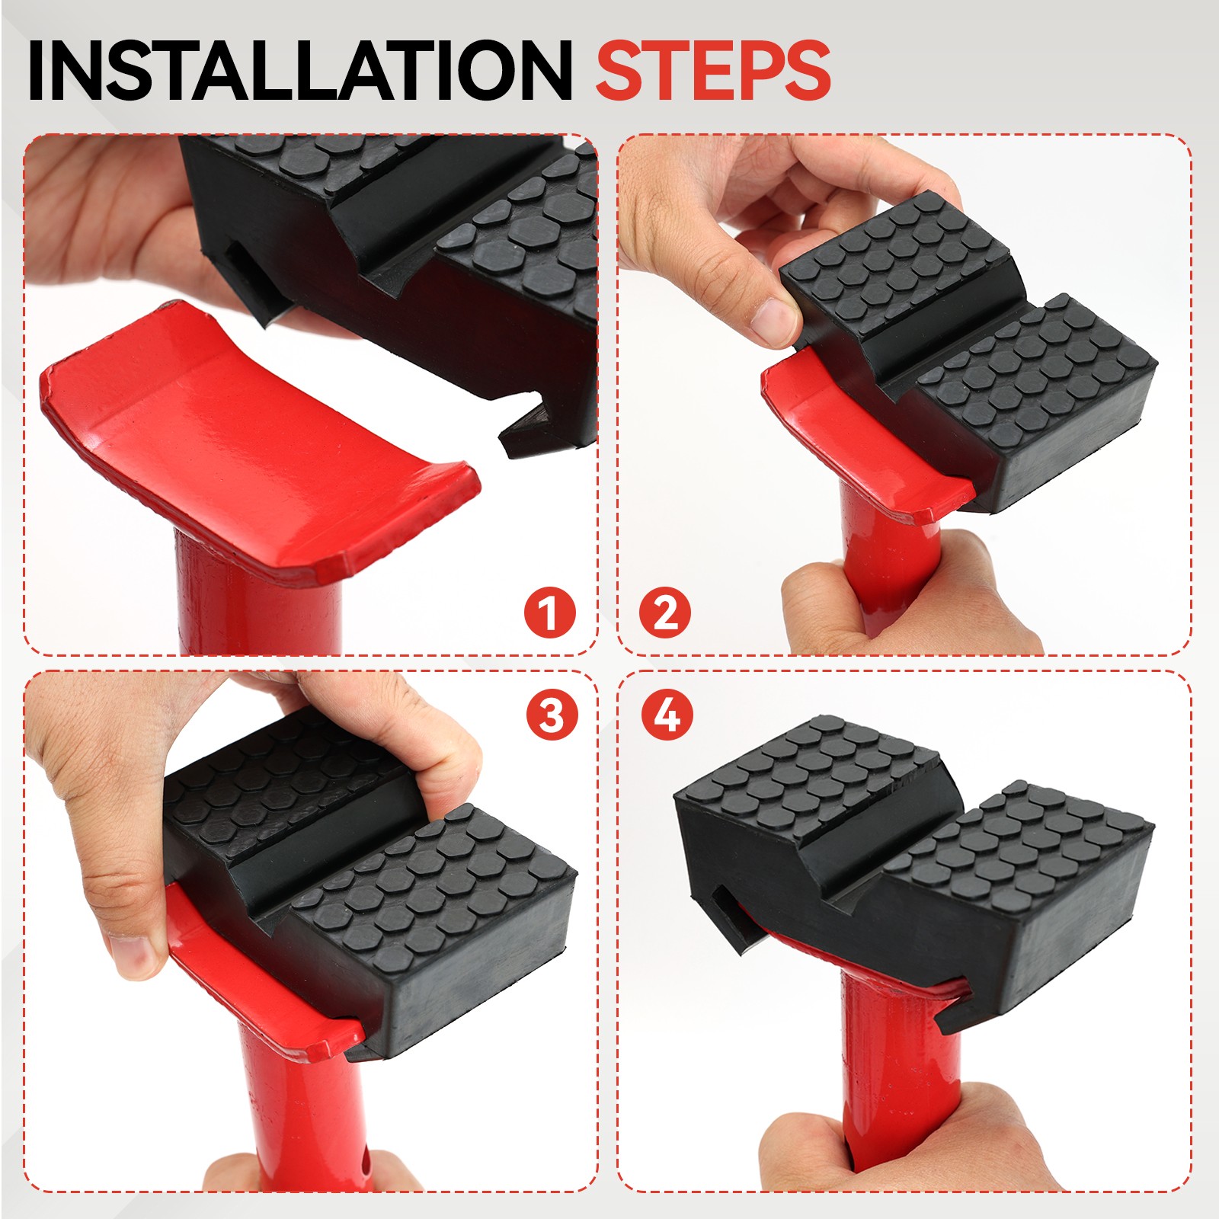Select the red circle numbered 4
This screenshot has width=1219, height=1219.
tap(667, 715)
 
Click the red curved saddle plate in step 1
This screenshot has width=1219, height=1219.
tap(251, 442)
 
